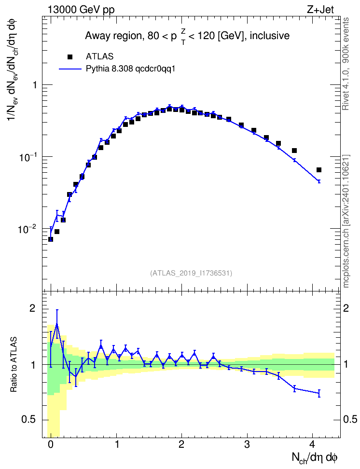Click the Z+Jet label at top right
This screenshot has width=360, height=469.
(320, 10)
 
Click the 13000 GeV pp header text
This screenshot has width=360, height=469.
(81, 10)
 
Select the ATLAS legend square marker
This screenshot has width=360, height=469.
(70, 57)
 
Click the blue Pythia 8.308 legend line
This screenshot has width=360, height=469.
(70, 69)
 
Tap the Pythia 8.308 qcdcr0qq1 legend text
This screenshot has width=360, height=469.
(130, 69)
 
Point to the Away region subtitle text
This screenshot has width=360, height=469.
(187, 36)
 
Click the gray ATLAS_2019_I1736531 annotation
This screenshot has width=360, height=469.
(191, 273)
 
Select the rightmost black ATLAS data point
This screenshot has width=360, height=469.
(318, 170)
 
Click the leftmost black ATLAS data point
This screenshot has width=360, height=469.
(51, 239)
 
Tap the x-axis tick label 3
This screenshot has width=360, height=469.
(247, 444)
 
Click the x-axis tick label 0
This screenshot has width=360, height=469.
(51, 444)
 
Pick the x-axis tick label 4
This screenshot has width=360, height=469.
(313, 444)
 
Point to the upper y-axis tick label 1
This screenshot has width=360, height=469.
(35, 85)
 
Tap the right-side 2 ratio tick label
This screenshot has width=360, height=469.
(346, 308)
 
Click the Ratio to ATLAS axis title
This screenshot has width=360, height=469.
(14, 365)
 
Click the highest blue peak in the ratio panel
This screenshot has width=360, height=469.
(57, 324)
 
